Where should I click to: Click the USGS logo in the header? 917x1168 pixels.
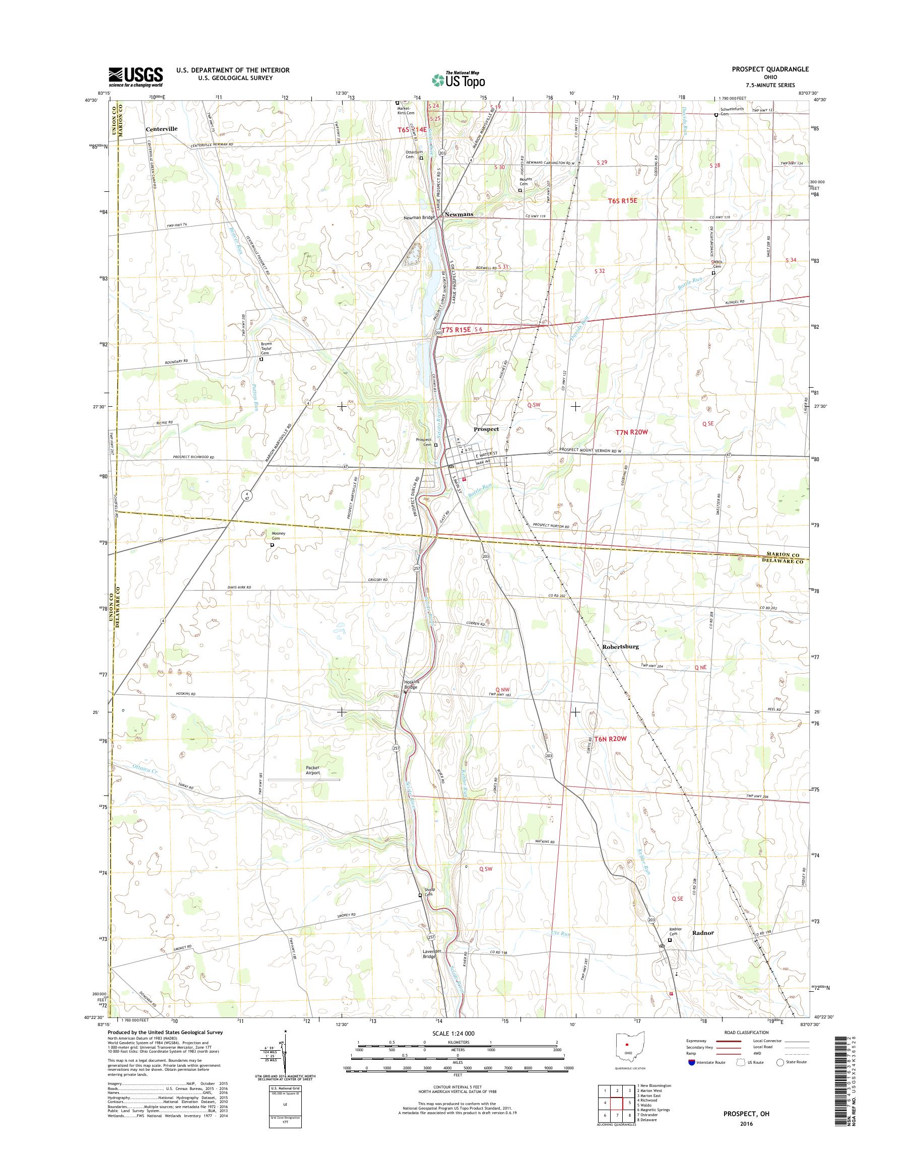(136, 77)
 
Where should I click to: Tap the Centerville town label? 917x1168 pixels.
(161, 129)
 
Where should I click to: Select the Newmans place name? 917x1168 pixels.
(458, 214)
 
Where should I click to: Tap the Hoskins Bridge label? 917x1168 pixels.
(411, 685)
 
